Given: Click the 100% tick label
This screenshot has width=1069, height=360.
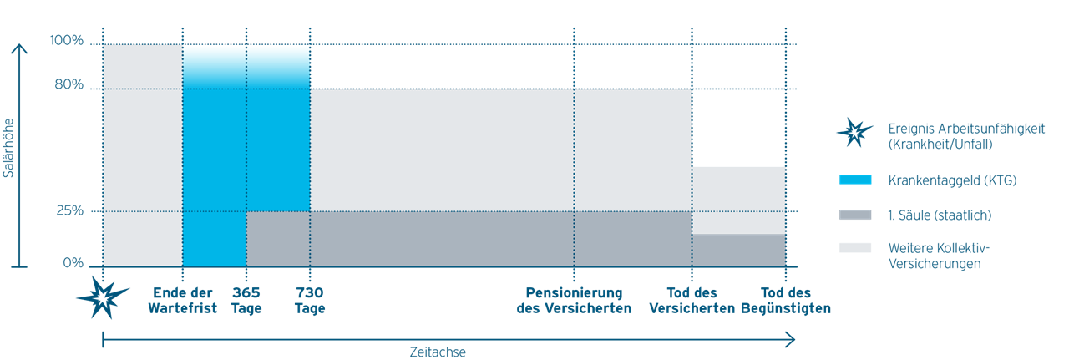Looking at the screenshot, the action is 67,40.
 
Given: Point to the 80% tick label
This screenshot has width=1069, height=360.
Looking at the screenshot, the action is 69,84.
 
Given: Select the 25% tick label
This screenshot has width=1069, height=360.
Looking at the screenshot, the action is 70,210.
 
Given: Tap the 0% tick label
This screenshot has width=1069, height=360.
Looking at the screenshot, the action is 73,262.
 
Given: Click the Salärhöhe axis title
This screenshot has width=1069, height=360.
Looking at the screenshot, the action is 8,148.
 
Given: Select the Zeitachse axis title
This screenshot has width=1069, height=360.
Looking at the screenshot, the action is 438,352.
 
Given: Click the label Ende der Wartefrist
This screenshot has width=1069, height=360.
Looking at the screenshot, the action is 183,301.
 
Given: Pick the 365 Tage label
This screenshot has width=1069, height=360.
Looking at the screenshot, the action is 246,301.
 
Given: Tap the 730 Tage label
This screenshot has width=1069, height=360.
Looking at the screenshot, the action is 310,301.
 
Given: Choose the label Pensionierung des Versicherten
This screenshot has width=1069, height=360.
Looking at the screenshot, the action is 574,301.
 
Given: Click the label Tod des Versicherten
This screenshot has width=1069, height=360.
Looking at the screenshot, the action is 692,301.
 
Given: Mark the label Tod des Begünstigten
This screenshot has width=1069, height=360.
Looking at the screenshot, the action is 786,301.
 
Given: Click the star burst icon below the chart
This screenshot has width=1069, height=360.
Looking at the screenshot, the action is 103,297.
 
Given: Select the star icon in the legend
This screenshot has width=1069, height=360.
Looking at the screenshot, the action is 854,132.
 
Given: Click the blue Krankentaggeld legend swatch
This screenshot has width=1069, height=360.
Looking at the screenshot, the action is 855,180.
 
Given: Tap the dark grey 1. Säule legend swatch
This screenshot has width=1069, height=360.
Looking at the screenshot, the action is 855,215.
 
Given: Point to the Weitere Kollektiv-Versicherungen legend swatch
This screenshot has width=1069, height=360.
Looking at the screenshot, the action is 855,248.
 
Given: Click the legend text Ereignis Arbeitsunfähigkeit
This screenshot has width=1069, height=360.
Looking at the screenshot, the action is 966,129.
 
